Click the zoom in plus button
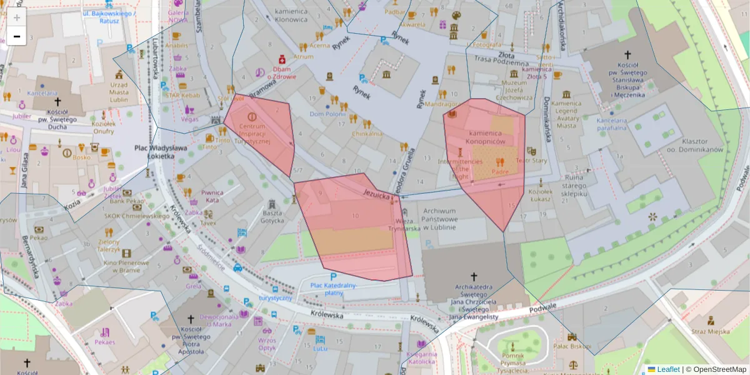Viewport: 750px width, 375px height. [x=16, y=17]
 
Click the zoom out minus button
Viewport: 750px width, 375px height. [x=16, y=36]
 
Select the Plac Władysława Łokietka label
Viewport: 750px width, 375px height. [x=153, y=152]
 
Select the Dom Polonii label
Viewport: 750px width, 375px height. [x=327, y=114]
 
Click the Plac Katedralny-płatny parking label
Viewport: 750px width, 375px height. [x=334, y=289]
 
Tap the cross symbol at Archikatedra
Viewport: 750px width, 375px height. [x=473, y=276]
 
